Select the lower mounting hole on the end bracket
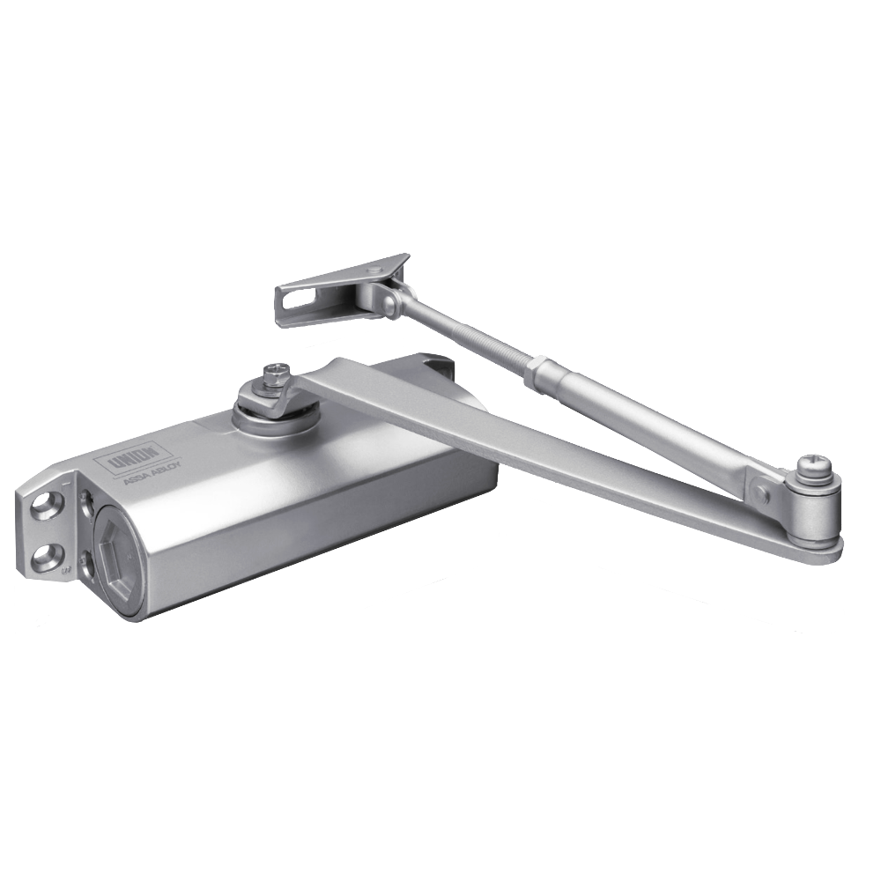42,559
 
